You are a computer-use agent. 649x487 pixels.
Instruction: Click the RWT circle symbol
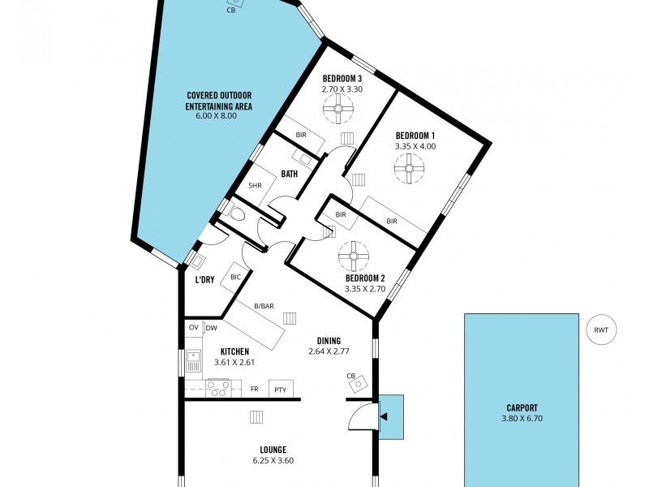click(x=601, y=330)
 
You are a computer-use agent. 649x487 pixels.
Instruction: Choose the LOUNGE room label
click(x=273, y=450)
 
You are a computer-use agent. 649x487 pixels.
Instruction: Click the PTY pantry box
click(x=281, y=390)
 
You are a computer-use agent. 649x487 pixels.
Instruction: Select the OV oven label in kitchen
click(x=193, y=328)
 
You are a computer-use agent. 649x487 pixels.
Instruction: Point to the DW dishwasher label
click(x=211, y=328)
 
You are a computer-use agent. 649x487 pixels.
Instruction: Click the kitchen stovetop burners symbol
click(x=218, y=390)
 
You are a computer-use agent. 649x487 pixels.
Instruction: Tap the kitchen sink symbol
click(x=194, y=361)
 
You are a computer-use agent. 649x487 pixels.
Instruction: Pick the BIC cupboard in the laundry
click(x=236, y=278)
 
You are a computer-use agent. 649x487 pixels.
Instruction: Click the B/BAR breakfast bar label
click(x=264, y=306)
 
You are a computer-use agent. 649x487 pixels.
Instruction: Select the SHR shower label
click(x=255, y=186)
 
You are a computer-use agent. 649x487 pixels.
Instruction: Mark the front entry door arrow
click(x=383, y=416)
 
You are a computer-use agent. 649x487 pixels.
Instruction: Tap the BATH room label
click(x=290, y=174)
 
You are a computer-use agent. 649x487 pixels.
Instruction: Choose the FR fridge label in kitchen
click(x=254, y=390)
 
